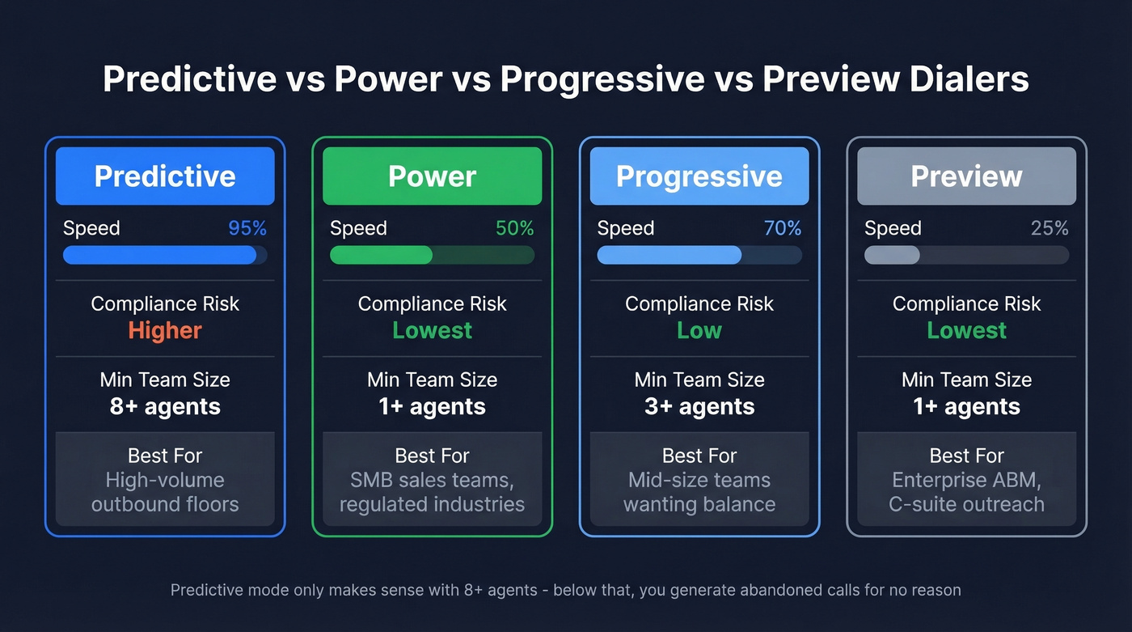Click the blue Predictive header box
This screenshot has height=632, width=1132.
click(165, 176)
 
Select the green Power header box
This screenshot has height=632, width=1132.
click(432, 176)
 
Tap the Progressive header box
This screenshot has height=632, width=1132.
click(699, 176)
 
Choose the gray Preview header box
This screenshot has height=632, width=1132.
click(966, 176)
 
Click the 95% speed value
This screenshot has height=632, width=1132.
click(247, 228)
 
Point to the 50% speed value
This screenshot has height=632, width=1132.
click(514, 228)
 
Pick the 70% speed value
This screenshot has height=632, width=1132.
click(782, 228)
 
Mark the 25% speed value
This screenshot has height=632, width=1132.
click(1050, 228)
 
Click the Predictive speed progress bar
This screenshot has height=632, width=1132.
click(165, 255)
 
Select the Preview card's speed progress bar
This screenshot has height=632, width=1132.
click(966, 255)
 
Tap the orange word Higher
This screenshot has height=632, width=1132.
click(165, 330)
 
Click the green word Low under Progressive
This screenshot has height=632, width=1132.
click(699, 330)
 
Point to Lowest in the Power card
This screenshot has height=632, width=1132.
click(432, 330)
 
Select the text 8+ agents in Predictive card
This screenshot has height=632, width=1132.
click(165, 406)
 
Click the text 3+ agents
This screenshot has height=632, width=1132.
click(699, 406)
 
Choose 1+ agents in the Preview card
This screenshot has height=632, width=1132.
click(966, 406)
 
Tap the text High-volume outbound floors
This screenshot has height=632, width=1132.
click(165, 492)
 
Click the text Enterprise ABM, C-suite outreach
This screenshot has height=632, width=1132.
click(966, 492)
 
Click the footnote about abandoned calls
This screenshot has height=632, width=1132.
click(565, 590)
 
